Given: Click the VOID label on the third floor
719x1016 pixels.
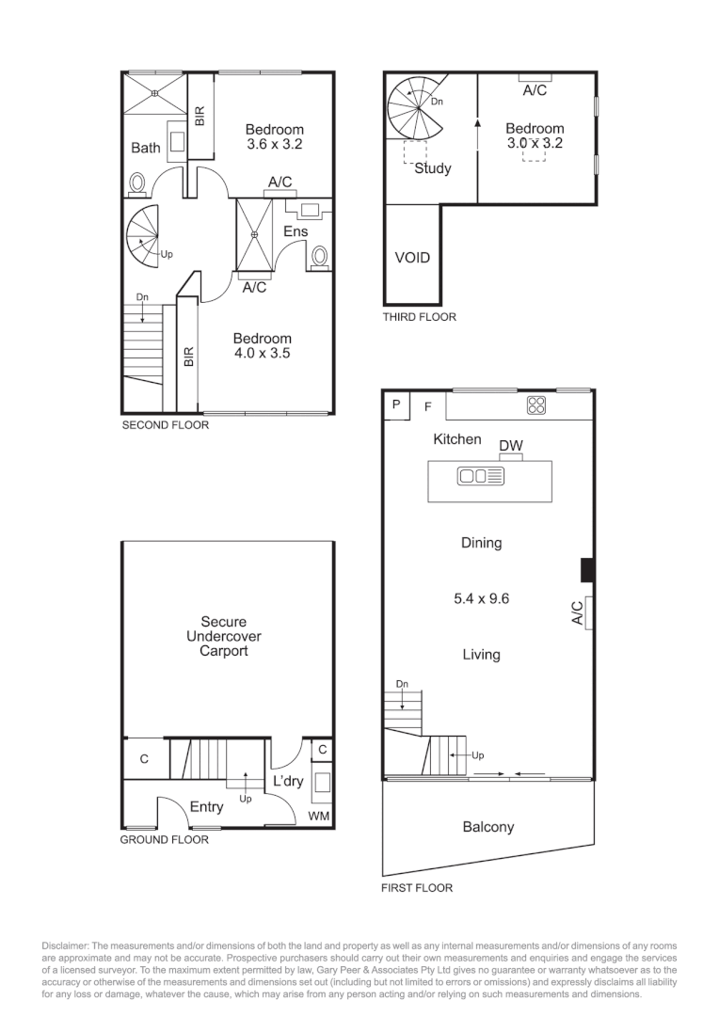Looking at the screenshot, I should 411,257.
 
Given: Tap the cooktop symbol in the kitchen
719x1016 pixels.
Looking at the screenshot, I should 536,405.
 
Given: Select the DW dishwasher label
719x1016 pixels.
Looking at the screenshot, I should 510,445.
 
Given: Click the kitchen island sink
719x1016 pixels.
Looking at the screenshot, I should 481,477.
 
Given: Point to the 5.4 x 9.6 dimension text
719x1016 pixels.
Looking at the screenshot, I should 481,598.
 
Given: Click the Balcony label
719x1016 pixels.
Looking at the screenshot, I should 488,827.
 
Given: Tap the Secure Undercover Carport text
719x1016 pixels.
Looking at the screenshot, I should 224,636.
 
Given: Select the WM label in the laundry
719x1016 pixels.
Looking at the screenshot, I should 319,817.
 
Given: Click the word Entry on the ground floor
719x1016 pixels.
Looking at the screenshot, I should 206,807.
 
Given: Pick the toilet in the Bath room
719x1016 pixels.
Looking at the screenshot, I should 137,183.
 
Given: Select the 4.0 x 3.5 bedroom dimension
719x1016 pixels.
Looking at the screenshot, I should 263,354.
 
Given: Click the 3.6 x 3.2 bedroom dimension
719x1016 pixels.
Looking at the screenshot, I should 275,145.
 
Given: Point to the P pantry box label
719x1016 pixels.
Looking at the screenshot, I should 396,405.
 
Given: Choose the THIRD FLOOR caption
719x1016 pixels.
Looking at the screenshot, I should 419,317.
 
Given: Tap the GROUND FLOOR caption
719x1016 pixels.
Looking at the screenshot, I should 164,839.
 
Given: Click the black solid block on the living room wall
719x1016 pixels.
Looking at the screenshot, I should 586,570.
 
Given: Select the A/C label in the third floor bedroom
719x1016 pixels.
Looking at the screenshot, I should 535,91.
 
